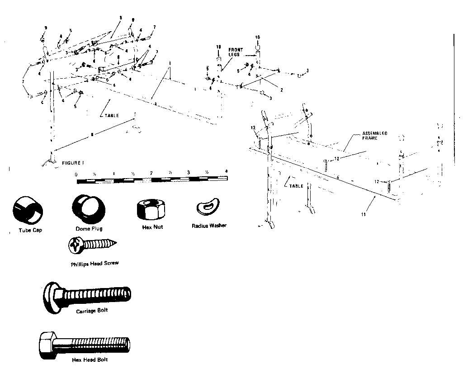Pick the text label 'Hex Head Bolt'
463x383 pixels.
tap(90, 360)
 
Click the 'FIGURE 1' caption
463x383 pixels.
tap(73, 162)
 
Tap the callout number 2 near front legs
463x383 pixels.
tap(281, 90)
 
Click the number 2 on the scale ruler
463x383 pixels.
tap(151, 174)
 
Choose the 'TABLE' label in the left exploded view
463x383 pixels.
tap(111, 115)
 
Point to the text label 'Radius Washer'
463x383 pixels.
tap(209, 226)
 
